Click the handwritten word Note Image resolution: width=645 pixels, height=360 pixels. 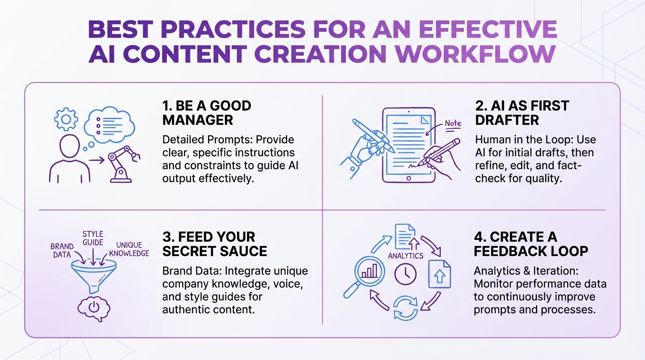[453, 123]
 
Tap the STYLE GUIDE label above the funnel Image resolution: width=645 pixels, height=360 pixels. [93, 239]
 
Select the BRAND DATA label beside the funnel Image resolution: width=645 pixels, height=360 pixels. [62, 250]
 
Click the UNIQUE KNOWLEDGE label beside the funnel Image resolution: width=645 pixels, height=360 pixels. [129, 249]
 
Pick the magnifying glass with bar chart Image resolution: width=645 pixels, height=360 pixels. [365, 277]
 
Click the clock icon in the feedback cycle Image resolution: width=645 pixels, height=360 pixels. [405, 274]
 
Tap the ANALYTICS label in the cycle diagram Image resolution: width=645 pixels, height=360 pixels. [405, 255]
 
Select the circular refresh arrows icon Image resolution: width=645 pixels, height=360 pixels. [405, 307]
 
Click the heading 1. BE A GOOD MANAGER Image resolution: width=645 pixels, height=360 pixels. [206, 112]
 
